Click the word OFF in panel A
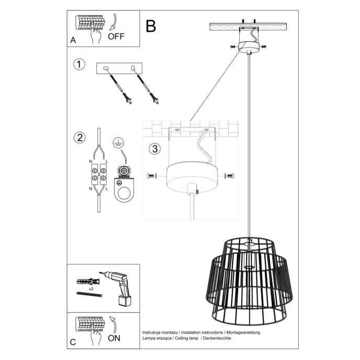coord(116,37)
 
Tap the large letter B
coord(151,26)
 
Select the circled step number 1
coord(78,65)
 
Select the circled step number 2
coord(79,138)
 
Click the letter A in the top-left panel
coord(73,40)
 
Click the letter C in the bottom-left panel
coord(73,343)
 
